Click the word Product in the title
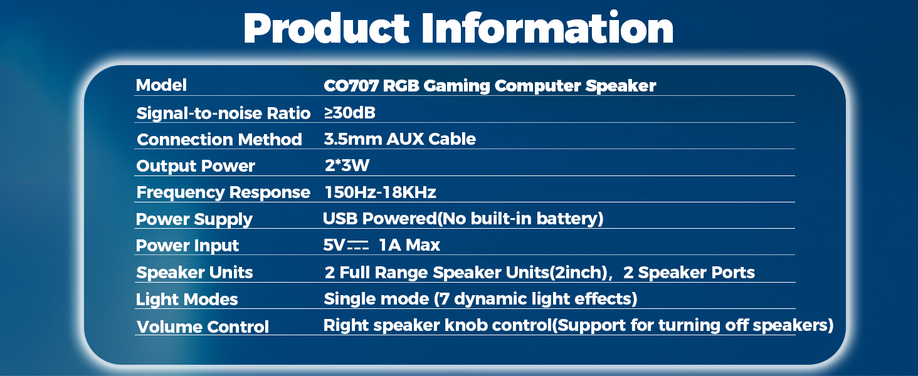(326, 28)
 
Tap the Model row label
(161, 85)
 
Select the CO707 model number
(351, 86)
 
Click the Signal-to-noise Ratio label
(223, 113)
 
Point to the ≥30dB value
(349, 113)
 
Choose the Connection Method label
(219, 140)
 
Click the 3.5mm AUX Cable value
(399, 139)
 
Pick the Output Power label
(196, 166)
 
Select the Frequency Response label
(223, 192)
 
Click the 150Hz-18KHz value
(380, 192)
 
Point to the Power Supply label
(194, 219)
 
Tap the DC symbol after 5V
(358, 246)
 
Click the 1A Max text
(409, 246)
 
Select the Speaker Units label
(194, 273)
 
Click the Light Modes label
(187, 300)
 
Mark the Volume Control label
(203, 327)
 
